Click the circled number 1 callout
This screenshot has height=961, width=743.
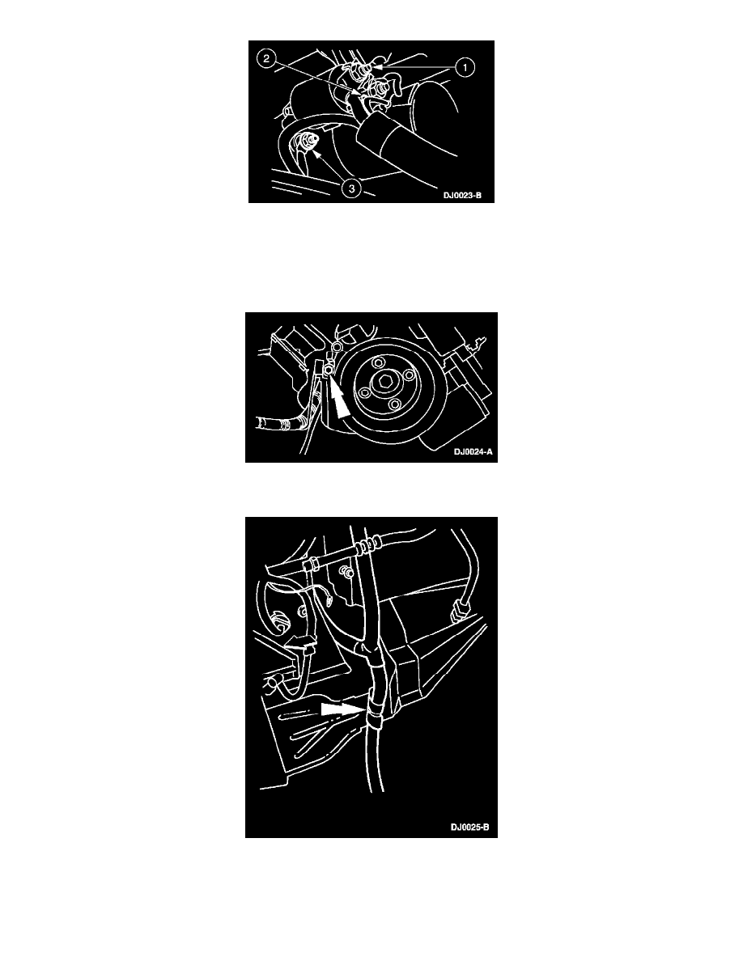pos(465,67)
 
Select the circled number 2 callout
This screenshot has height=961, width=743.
pos(266,59)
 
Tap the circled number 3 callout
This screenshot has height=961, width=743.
pos(352,188)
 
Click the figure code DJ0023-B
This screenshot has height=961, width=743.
pos(463,196)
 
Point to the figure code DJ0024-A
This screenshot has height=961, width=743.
pos(473,452)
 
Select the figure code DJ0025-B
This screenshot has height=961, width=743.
pos(470,828)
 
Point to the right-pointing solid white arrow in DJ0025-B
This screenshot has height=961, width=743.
pos(343,709)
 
